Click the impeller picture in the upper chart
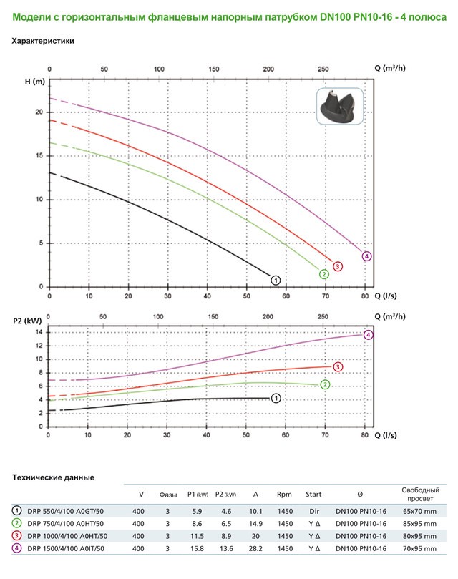[341, 107]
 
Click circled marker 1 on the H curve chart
[276, 279]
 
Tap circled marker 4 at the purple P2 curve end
[369, 335]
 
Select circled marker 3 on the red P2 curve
[337, 367]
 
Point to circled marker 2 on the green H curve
[324, 273]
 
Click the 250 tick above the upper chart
[323, 69]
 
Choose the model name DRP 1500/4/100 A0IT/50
[67, 548]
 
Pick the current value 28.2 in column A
[255, 548]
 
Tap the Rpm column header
[284, 493]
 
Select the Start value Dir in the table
[313, 511]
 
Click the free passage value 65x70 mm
[419, 511]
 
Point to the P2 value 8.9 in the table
[225, 536]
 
